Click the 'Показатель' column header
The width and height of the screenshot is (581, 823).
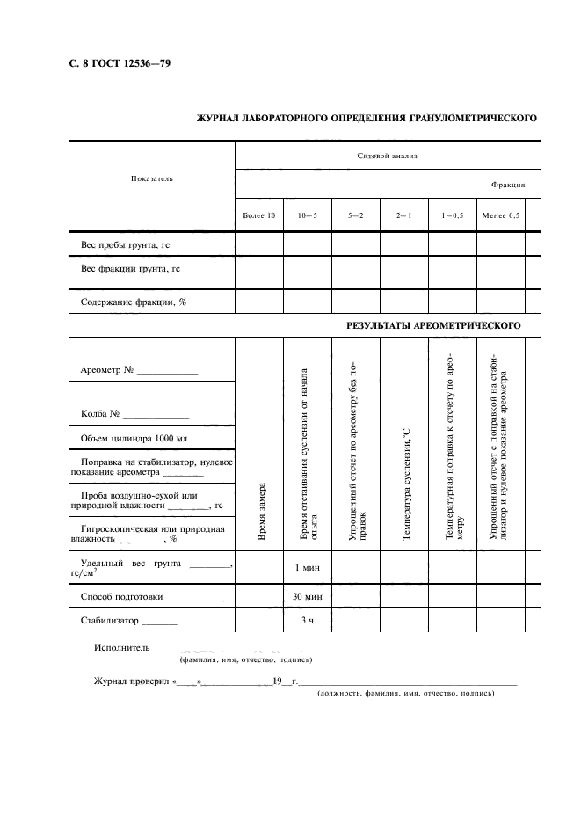point(152,178)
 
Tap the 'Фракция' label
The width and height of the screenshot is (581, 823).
point(508,186)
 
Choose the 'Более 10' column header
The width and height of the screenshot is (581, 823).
point(258,215)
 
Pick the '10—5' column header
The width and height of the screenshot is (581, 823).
point(308,215)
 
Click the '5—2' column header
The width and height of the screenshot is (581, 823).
point(356,215)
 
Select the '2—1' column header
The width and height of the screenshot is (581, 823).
point(403,215)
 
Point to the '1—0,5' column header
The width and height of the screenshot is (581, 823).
point(452,215)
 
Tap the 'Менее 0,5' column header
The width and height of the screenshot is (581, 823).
point(500,215)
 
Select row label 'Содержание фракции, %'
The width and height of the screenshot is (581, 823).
point(133,302)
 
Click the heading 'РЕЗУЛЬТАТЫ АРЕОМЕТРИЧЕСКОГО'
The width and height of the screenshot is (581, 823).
point(434,325)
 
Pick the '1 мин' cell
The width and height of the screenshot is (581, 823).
point(308,567)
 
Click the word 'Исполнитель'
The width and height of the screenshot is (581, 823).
point(121,649)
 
